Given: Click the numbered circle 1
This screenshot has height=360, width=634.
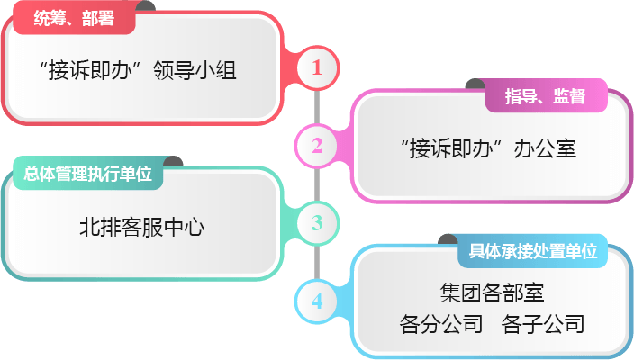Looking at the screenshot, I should click(x=317, y=67).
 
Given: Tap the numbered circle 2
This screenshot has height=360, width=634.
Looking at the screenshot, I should click(x=317, y=146).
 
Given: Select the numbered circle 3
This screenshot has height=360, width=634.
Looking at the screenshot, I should click(x=317, y=222).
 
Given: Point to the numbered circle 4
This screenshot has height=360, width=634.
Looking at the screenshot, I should click(x=317, y=301).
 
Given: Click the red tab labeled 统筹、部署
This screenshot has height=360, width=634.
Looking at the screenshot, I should click(x=73, y=17).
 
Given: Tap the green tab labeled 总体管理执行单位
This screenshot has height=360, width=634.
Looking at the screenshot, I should click(x=87, y=174).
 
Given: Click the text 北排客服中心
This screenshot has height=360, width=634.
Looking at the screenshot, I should click(x=141, y=227).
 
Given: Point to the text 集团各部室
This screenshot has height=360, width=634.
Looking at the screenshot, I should click(x=492, y=292).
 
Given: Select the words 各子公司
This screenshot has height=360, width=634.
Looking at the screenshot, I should click(x=543, y=324).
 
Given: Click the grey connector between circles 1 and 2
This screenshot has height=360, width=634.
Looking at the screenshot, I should click(x=317, y=106).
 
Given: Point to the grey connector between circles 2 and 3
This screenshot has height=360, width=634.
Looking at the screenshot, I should click(x=317, y=184).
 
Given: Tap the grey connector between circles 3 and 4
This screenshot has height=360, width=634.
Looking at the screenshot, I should click(x=317, y=262).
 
